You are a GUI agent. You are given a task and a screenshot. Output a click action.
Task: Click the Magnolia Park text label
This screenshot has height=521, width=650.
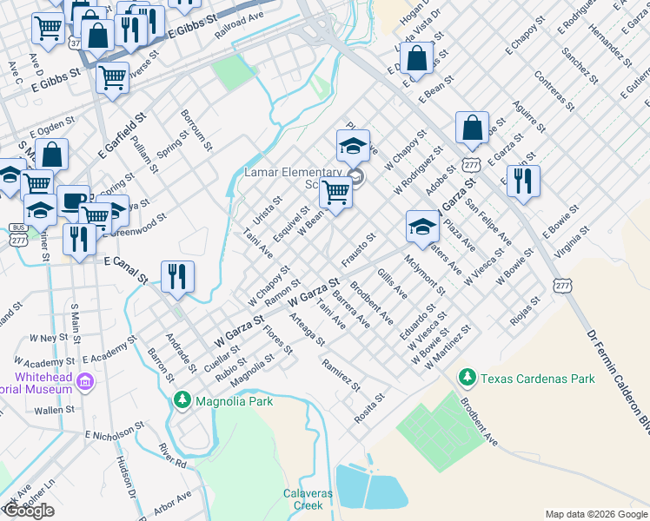(234, 401)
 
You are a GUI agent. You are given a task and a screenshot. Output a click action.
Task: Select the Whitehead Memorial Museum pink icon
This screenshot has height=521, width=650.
(85, 381)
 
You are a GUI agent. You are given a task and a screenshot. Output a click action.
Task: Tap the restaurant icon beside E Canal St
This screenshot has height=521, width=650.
(177, 277)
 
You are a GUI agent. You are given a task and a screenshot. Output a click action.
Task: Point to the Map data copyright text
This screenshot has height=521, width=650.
(595, 514)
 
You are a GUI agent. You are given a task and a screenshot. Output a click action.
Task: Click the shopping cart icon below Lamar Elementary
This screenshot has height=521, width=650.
(336, 194)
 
